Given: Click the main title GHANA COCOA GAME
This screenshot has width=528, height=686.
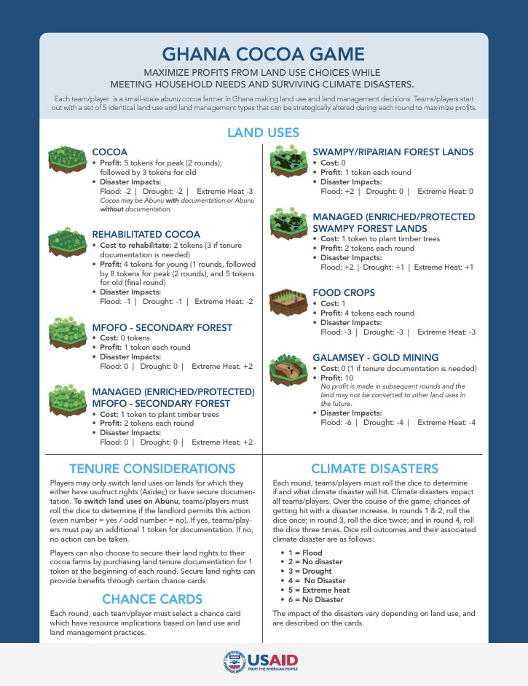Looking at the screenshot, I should click(264, 55).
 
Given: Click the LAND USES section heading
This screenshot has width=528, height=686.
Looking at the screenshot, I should click(264, 133).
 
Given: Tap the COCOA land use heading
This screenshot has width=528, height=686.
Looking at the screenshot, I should click(110, 152).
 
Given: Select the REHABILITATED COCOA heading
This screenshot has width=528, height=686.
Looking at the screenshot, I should click(146, 234).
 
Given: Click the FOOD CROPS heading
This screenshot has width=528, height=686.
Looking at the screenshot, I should click(344, 292).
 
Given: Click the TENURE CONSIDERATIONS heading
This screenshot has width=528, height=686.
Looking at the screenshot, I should click(152, 468).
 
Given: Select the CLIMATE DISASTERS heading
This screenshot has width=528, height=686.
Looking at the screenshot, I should click(374, 468).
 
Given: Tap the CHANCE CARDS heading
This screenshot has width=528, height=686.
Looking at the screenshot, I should click(152, 599).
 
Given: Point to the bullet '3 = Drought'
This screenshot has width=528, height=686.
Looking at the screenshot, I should click(309, 571).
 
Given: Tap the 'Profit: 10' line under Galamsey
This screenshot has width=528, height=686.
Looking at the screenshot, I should click(336, 378).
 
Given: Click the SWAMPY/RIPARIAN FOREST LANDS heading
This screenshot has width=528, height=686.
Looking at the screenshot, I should click(393, 152).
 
